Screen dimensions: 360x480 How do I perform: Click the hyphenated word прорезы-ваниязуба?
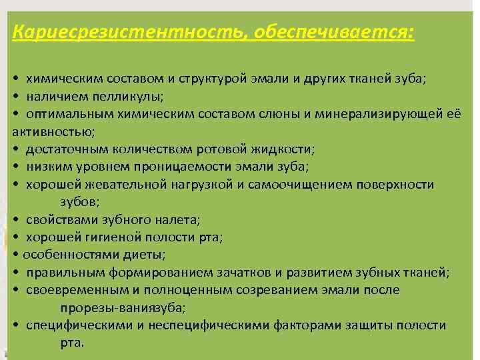pos(122,307)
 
